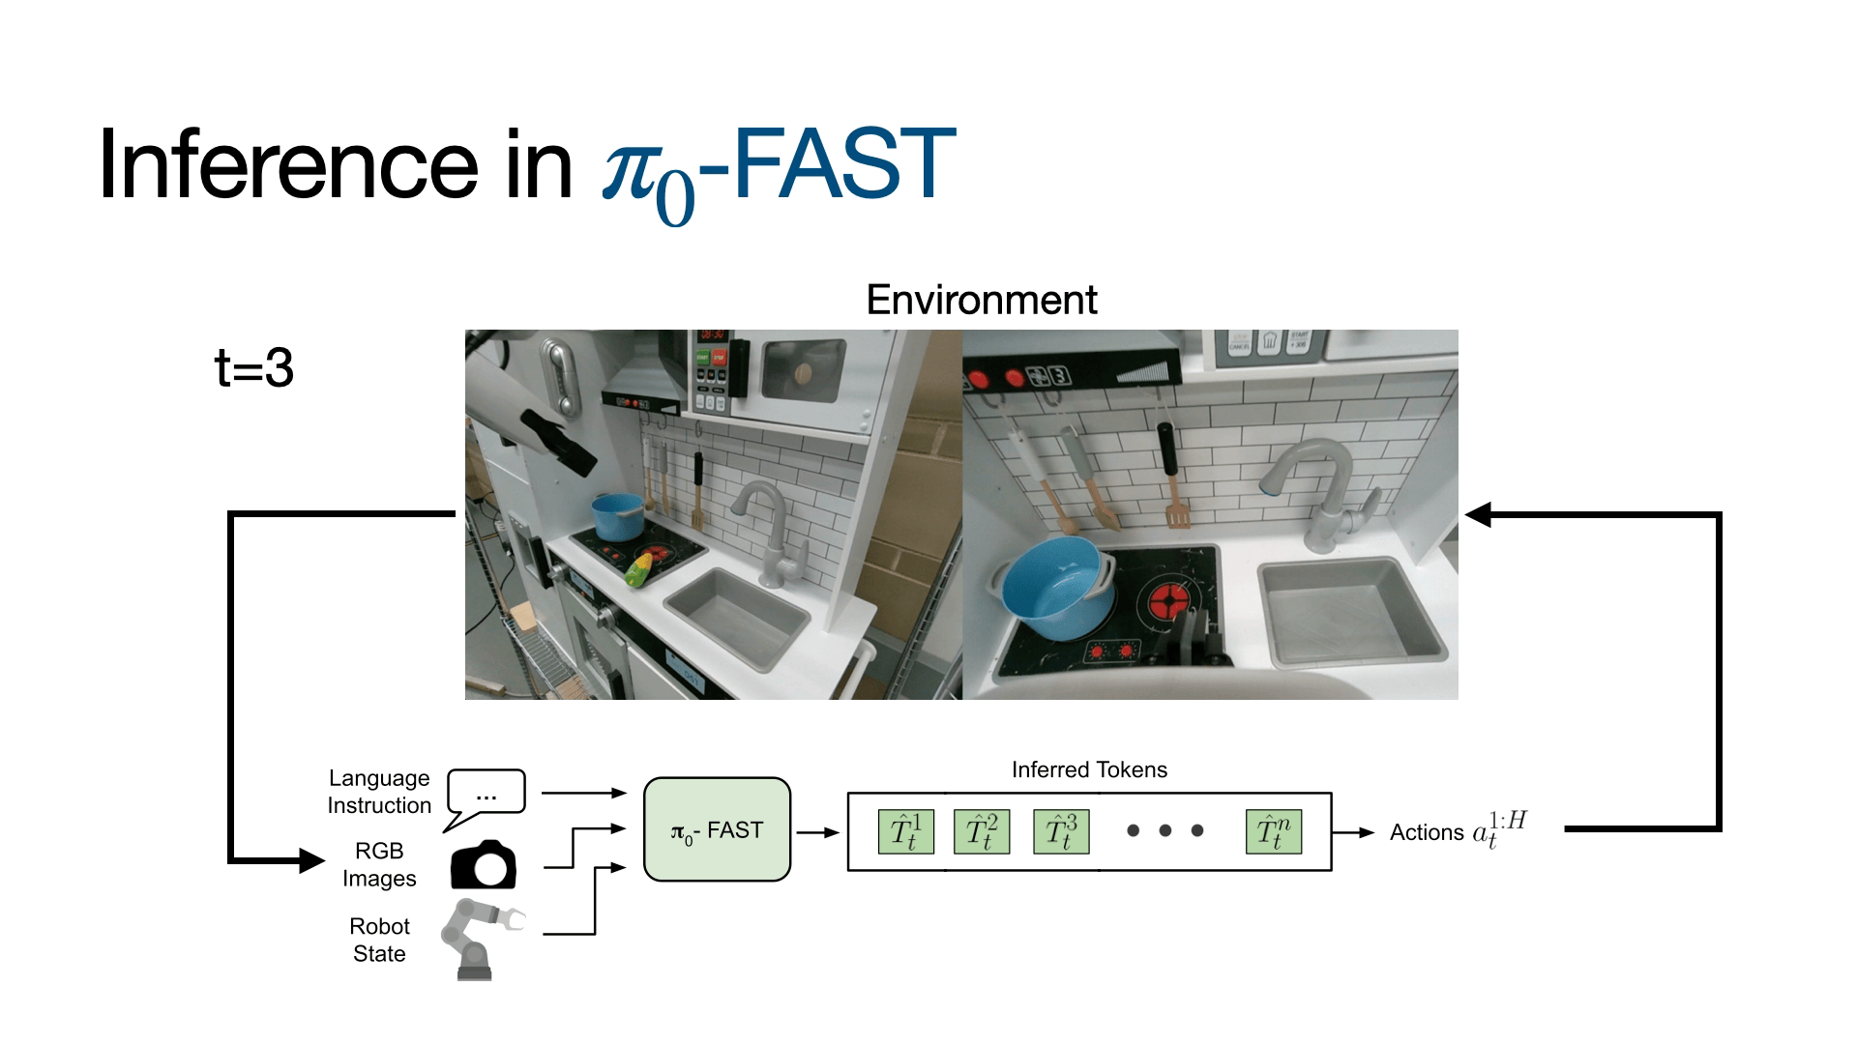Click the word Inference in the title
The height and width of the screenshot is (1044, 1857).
[x=288, y=166]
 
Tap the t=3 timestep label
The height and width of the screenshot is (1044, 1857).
[x=253, y=367]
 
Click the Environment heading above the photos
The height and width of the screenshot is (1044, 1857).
[x=981, y=300]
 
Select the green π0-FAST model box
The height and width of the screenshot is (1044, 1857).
[x=717, y=829]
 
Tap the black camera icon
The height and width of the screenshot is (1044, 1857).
[x=484, y=865]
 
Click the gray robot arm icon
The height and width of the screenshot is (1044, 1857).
[x=480, y=938]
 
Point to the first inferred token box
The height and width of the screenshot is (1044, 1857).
[x=905, y=831]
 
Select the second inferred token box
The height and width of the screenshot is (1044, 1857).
[x=982, y=831]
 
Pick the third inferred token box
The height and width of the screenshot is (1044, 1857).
[x=1061, y=831]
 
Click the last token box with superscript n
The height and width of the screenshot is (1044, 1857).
[x=1273, y=831]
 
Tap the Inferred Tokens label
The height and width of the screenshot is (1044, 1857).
[x=1089, y=769]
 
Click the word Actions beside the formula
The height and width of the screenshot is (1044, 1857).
[x=1427, y=832]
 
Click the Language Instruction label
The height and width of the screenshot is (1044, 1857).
[x=379, y=792]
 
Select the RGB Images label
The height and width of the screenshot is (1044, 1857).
[x=379, y=864]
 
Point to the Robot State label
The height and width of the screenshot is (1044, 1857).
[x=379, y=940]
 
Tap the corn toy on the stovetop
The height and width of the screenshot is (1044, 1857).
[x=639, y=569]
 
